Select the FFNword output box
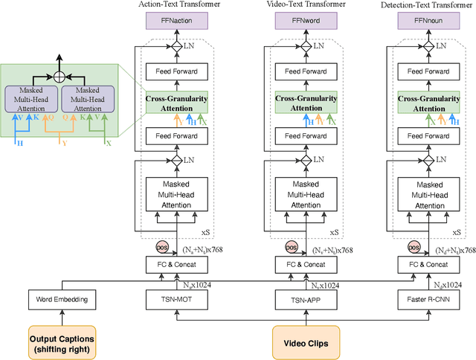[x=300, y=22]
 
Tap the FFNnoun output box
[x=426, y=22]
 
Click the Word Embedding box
[x=63, y=299]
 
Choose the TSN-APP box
[x=300, y=299]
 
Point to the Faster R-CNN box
[x=426, y=299]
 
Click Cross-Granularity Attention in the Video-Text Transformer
[x=300, y=103]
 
